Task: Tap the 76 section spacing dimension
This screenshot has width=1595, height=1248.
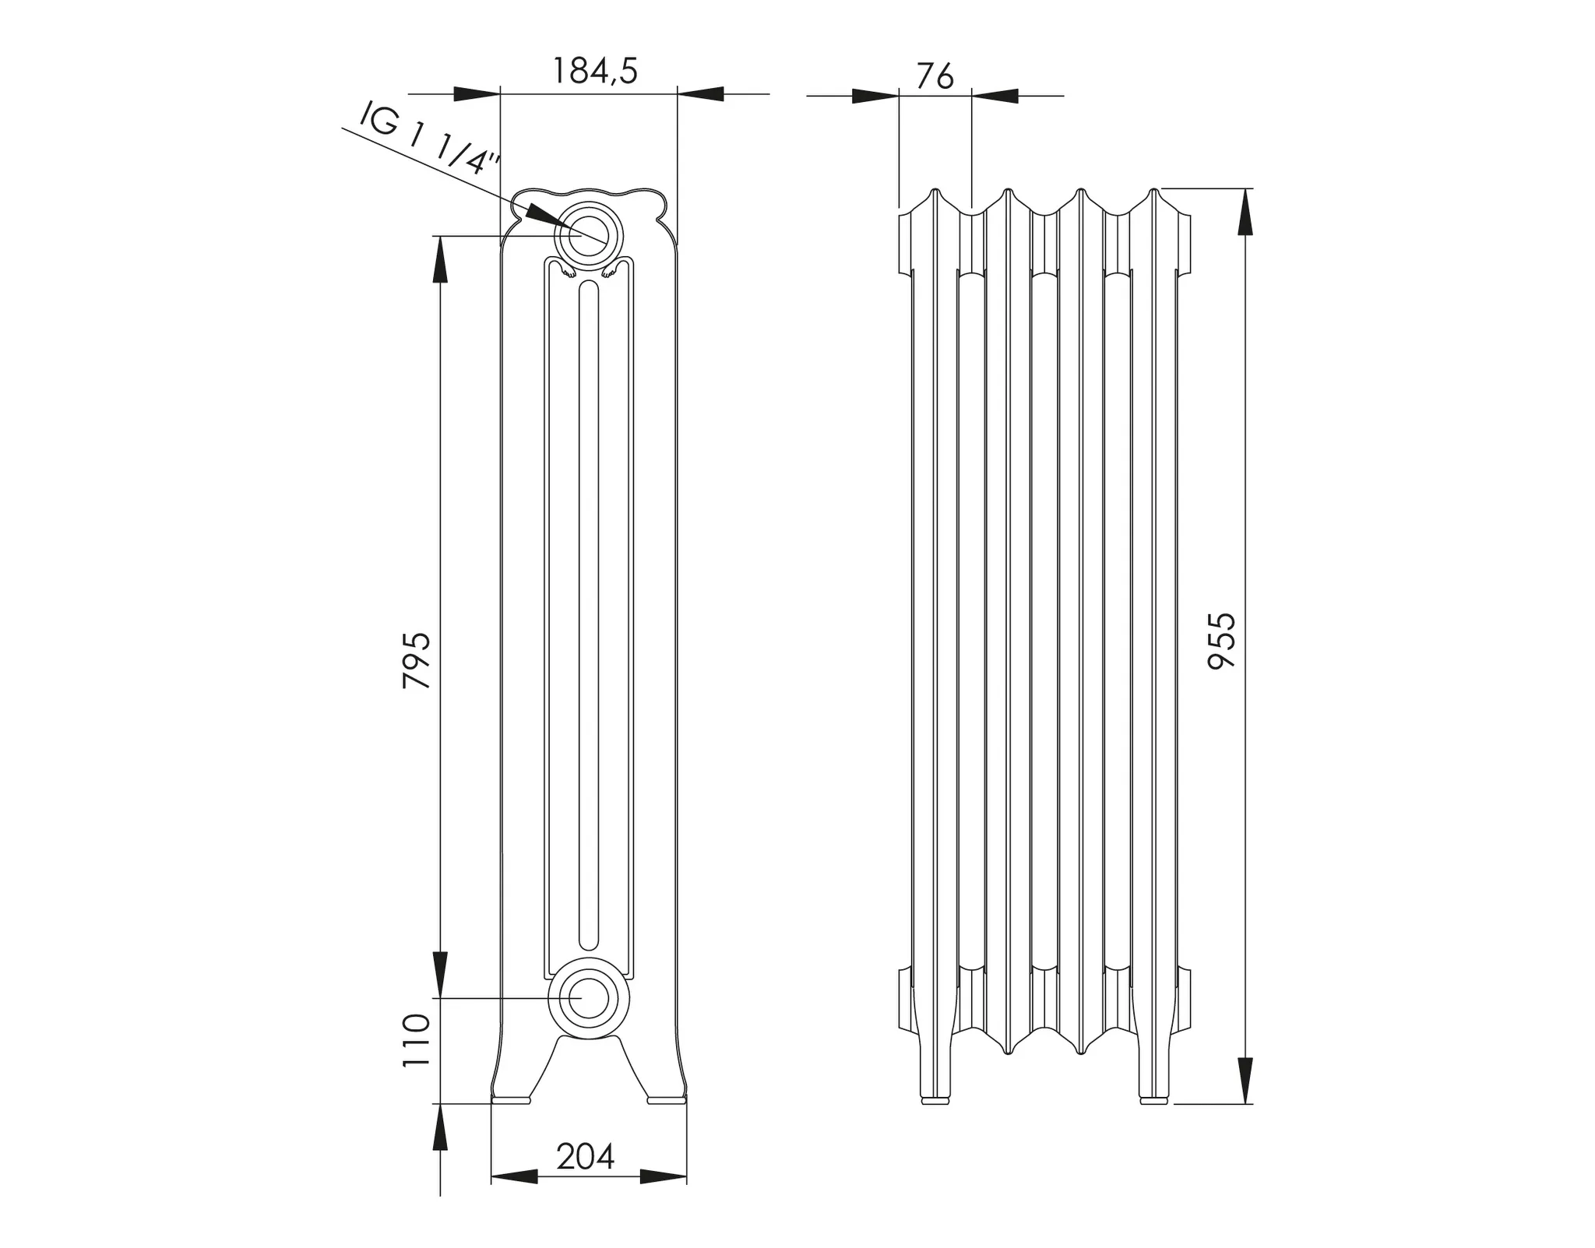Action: pos(935,77)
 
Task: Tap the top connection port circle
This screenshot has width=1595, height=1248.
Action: pos(588,234)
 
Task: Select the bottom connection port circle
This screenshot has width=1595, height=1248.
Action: pos(588,999)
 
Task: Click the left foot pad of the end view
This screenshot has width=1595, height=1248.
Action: pos(511,1099)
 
